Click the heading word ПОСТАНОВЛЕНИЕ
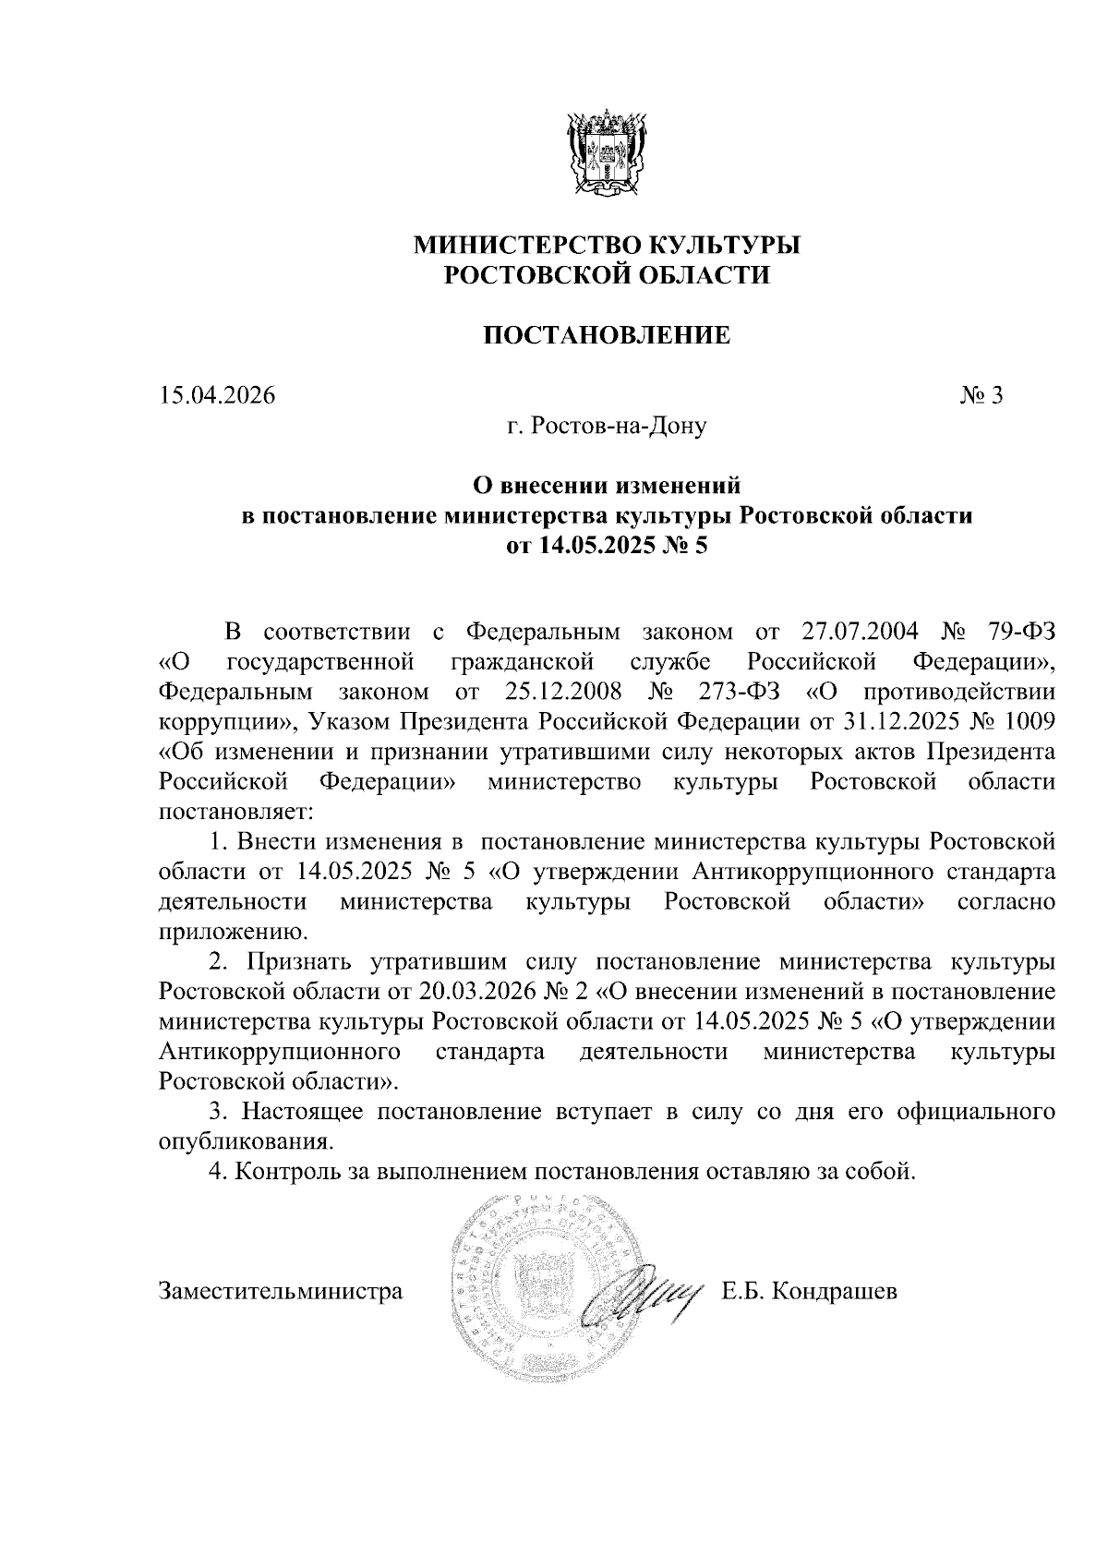608,335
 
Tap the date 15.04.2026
217,395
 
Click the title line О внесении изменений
607,484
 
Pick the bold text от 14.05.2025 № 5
607,545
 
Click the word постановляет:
237,812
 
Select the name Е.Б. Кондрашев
810,1290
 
